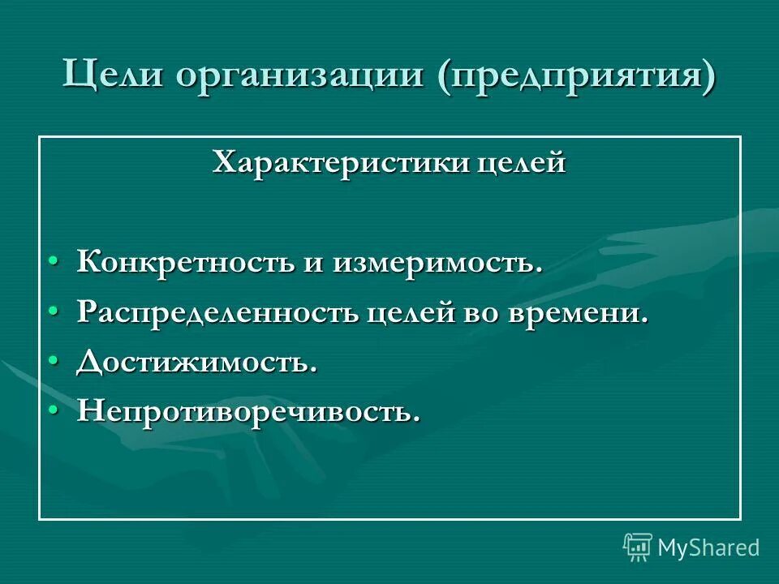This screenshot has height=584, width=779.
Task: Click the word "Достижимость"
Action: pyautogui.click(x=196, y=363)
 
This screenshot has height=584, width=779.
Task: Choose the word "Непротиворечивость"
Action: pyautogui.click(x=248, y=412)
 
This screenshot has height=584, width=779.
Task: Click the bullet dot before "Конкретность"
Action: pyautogui.click(x=53, y=262)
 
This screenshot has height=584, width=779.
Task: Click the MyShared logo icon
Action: pyautogui.click(x=638, y=547)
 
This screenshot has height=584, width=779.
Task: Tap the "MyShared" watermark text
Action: pyautogui.click(x=708, y=547)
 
